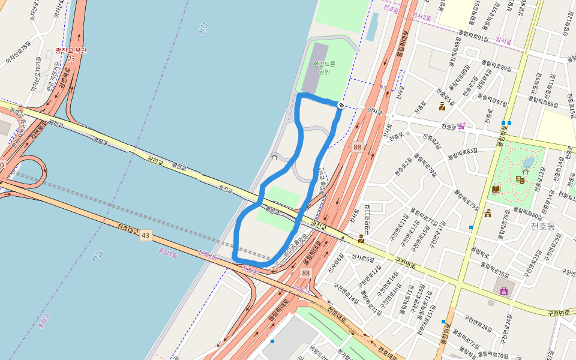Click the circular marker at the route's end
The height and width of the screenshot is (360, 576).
341,106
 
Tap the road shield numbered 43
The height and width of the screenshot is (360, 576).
145,235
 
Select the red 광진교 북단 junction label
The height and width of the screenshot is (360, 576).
71,51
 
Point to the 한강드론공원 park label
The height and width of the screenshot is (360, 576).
324,67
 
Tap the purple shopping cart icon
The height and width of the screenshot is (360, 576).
461,126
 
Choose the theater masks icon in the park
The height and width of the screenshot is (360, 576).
520,179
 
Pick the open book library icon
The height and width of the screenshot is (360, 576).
496,189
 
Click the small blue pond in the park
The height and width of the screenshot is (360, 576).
528,163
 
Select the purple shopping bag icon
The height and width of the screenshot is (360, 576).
504,291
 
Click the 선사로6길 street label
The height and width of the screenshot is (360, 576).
363,257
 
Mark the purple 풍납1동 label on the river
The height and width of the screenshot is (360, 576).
167,254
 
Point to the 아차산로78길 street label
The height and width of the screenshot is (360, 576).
18,53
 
